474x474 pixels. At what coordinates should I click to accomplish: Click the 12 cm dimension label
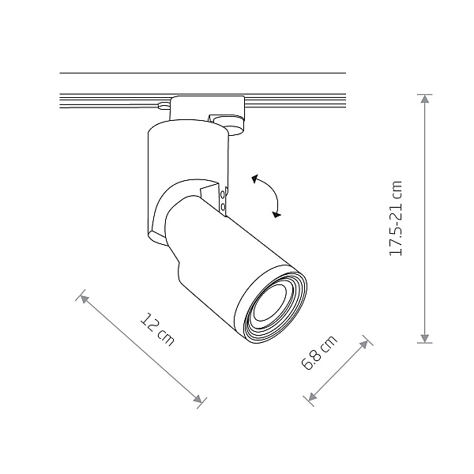point(157,329)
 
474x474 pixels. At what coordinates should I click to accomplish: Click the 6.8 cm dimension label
point(319,352)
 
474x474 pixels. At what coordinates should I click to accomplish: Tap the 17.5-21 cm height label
point(396,219)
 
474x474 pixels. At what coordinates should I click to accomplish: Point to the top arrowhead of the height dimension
point(425,99)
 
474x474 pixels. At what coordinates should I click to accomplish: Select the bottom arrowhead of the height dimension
point(425,339)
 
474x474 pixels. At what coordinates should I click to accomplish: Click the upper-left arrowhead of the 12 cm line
point(85,299)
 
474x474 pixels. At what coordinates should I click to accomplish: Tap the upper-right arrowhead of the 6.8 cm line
point(364,344)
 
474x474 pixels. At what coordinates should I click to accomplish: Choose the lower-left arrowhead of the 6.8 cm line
point(312,396)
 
